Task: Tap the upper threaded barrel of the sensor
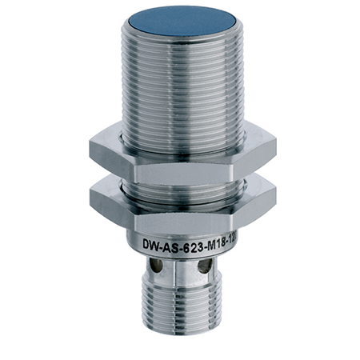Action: [x=181, y=88]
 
